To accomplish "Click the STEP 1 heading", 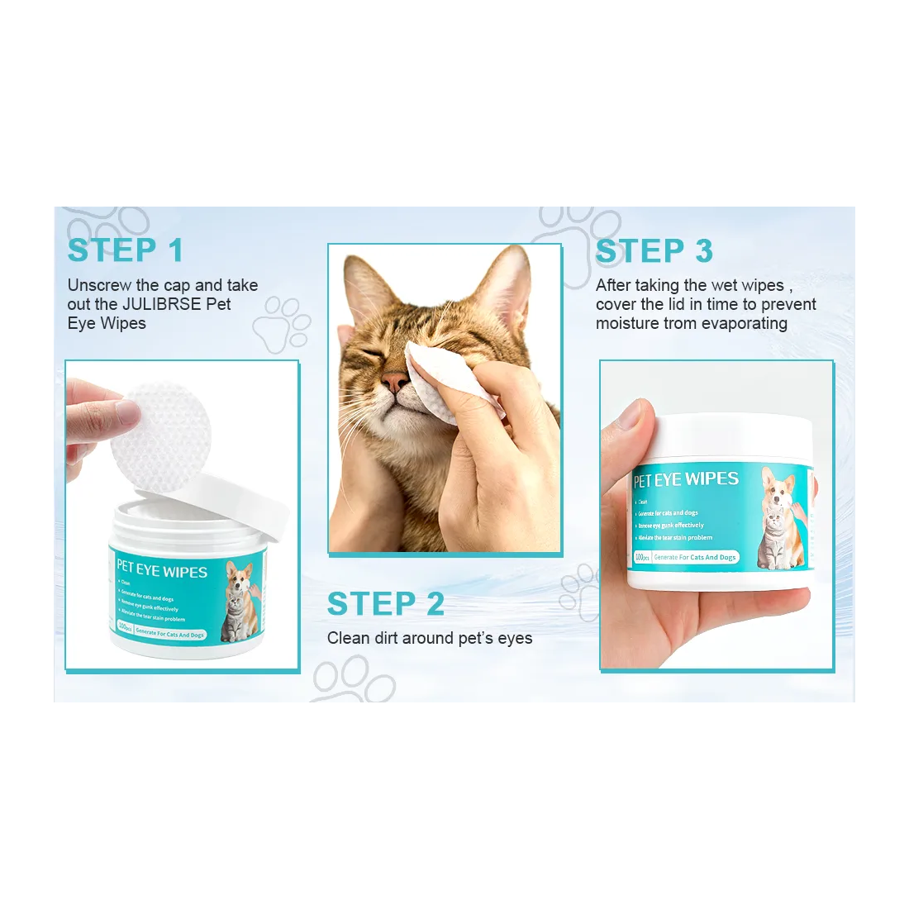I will [x=125, y=250].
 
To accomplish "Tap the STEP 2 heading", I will [x=386, y=604].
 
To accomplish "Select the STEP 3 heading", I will [x=654, y=251].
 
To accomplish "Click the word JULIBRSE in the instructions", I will [x=161, y=304].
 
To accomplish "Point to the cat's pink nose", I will [x=395, y=382].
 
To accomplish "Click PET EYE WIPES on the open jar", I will [x=162, y=570].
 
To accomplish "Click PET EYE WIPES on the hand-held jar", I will [x=686, y=479].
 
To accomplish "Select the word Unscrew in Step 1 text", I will [x=99, y=285].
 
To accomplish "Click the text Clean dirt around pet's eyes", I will [x=429, y=638].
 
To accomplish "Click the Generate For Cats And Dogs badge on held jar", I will [x=694, y=557].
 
